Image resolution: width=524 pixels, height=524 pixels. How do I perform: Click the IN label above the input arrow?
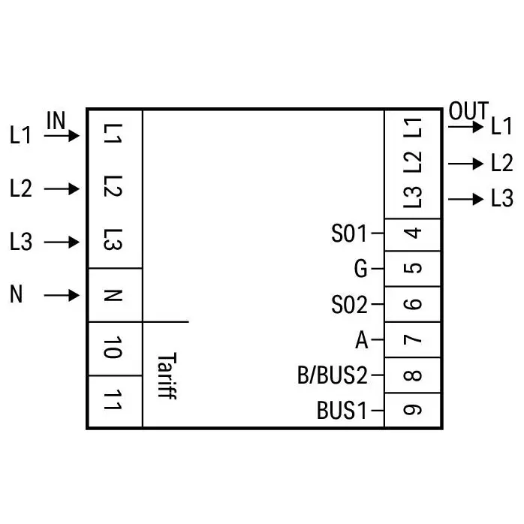(56, 120)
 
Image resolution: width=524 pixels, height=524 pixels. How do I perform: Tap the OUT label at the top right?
(468, 110)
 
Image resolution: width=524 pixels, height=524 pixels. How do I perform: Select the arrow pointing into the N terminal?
(62, 296)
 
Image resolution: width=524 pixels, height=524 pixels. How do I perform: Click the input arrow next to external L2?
(62, 189)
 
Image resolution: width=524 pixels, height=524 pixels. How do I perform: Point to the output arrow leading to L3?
(466, 199)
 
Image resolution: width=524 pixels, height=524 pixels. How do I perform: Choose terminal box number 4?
(412, 234)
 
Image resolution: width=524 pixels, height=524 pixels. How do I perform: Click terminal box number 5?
(412, 268)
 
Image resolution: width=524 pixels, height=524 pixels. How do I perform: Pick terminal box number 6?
(412, 304)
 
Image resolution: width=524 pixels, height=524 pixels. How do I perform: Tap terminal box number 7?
(412, 339)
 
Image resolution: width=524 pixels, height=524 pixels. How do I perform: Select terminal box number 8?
(412, 375)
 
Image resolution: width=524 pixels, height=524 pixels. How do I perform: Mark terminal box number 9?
(412, 410)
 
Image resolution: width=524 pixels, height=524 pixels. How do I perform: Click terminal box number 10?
(116, 348)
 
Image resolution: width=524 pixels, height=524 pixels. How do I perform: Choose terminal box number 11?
(116, 401)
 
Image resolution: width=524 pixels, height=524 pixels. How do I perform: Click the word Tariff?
(167, 375)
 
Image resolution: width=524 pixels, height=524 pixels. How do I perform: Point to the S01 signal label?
(349, 233)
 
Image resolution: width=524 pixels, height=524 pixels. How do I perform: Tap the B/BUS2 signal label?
(333, 375)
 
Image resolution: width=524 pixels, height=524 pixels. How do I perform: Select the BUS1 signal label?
(342, 411)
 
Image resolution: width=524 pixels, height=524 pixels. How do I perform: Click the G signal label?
(360, 269)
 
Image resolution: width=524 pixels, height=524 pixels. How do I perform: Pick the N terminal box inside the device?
(116, 295)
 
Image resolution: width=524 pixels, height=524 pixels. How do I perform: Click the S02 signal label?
(349, 305)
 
